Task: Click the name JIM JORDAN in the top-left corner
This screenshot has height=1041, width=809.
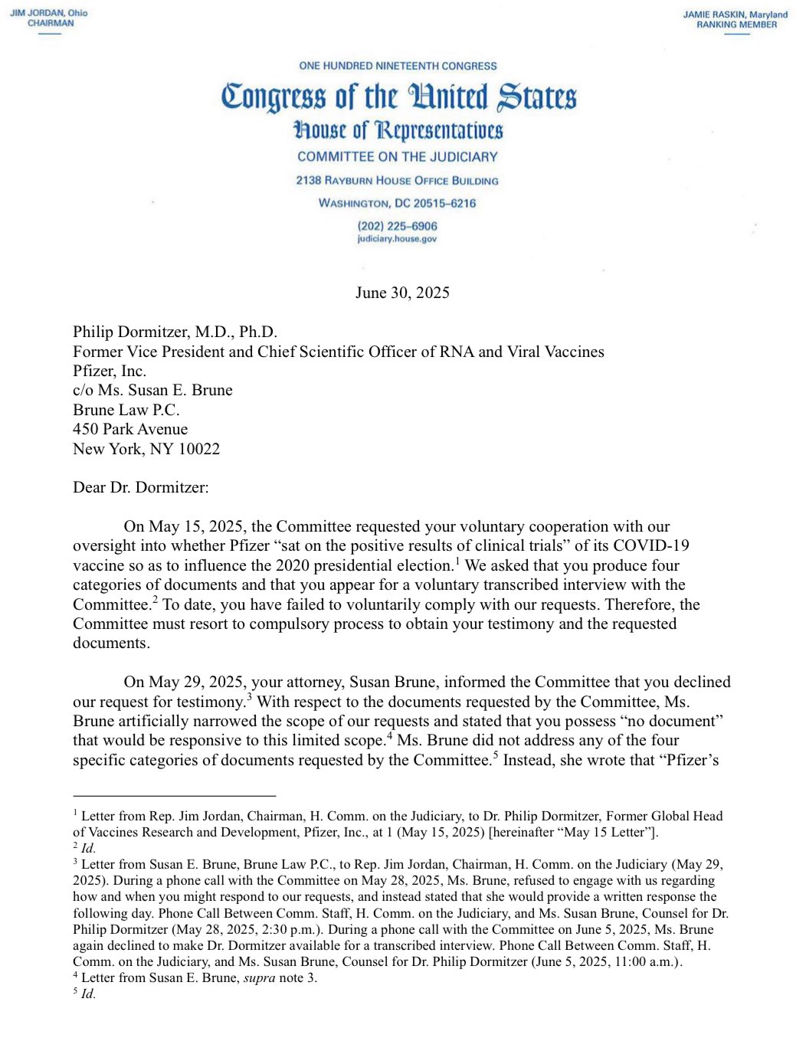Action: pyautogui.click(x=37, y=13)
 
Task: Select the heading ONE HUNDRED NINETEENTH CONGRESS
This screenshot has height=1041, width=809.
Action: pyautogui.click(x=398, y=66)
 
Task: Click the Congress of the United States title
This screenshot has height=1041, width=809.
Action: pyautogui.click(x=398, y=97)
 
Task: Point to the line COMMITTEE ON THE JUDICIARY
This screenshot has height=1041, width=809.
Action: pyautogui.click(x=398, y=157)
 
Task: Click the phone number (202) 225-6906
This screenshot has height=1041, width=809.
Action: pyautogui.click(x=397, y=226)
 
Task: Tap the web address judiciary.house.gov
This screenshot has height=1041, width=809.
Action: pyautogui.click(x=397, y=239)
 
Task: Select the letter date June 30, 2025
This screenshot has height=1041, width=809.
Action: pyautogui.click(x=402, y=293)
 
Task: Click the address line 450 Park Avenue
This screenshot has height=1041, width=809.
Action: pyautogui.click(x=130, y=429)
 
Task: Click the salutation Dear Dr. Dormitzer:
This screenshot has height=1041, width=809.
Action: pyautogui.click(x=140, y=487)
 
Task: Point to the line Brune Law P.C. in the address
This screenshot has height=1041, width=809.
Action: pyautogui.click(x=126, y=410)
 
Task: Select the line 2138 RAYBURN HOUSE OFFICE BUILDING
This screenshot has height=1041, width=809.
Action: pyautogui.click(x=397, y=181)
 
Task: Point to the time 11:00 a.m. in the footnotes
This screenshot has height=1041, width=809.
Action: pyautogui.click(x=646, y=961)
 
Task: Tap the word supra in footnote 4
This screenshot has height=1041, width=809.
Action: pyautogui.click(x=259, y=977)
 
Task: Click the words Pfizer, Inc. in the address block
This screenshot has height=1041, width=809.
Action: pyautogui.click(x=109, y=371)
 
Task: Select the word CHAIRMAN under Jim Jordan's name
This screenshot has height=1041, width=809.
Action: pyautogui.click(x=51, y=24)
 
